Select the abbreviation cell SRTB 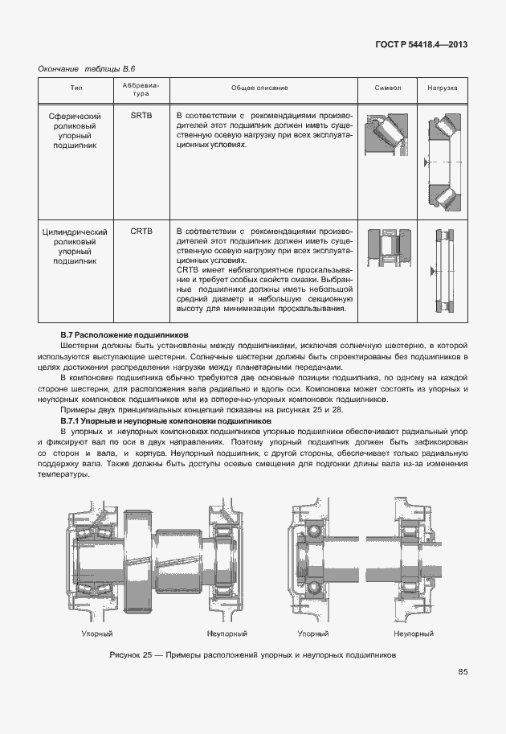click(141, 116)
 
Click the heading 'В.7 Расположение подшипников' click(124, 333)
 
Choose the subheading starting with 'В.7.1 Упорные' click(165, 420)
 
